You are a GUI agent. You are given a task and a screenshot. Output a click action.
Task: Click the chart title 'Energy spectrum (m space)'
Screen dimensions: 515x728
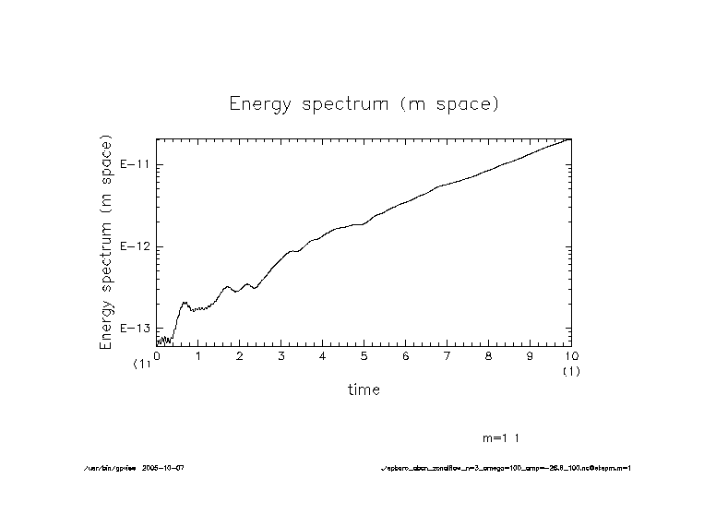(x=364, y=104)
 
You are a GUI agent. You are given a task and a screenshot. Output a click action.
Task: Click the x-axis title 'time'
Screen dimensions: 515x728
(x=364, y=389)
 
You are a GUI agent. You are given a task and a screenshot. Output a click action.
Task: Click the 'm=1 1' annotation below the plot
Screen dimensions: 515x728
(x=507, y=437)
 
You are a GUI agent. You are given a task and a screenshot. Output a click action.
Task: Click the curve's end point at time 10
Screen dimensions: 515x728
(x=571, y=139)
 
